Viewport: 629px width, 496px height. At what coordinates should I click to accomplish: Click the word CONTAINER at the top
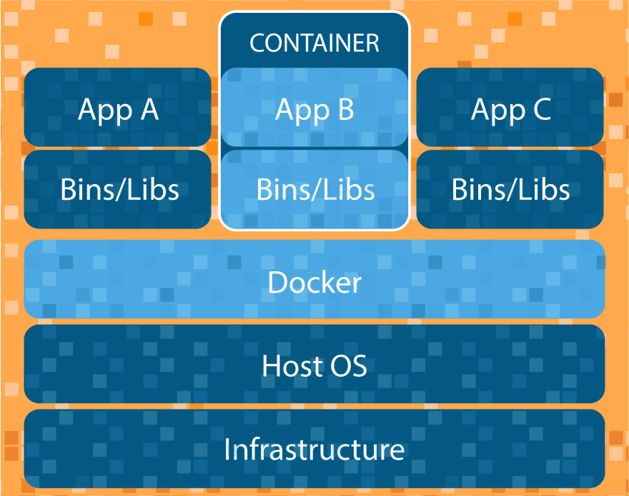coord(314,43)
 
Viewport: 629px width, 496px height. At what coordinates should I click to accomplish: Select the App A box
coord(117,107)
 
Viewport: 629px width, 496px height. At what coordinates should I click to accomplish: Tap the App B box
coord(314,107)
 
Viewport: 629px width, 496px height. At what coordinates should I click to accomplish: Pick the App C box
coord(510,107)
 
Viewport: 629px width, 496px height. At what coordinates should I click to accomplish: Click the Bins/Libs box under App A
coord(117,189)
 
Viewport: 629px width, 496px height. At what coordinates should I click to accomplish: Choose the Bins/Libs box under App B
coord(314,189)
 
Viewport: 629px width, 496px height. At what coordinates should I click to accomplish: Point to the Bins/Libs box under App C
coord(510,189)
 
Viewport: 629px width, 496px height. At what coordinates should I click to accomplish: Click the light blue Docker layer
coord(314,279)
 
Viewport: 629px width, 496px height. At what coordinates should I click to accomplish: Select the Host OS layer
coord(314,364)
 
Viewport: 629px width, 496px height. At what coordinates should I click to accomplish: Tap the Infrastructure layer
coord(314,449)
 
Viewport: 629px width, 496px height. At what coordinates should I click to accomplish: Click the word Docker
coord(314,283)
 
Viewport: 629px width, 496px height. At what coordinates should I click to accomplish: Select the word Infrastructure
coord(314,449)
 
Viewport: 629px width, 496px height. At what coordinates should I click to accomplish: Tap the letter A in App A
coord(149,109)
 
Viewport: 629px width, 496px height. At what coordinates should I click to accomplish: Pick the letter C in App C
coord(542,109)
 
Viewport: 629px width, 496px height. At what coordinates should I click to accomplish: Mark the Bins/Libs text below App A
coord(119,189)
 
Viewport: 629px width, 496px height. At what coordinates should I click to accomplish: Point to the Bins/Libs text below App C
coord(510,189)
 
